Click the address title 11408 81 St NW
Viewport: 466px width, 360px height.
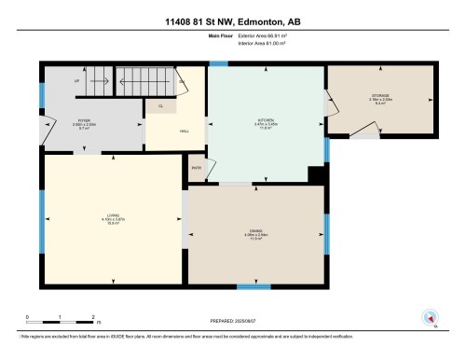[x=232, y=21]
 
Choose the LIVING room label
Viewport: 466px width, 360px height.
[x=112, y=219]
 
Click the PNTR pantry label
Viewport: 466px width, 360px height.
[x=197, y=168]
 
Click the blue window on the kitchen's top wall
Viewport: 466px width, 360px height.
[x=218, y=63]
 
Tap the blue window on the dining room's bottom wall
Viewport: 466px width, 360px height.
[x=249, y=287]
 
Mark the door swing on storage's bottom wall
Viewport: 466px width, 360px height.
[x=370, y=137]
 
